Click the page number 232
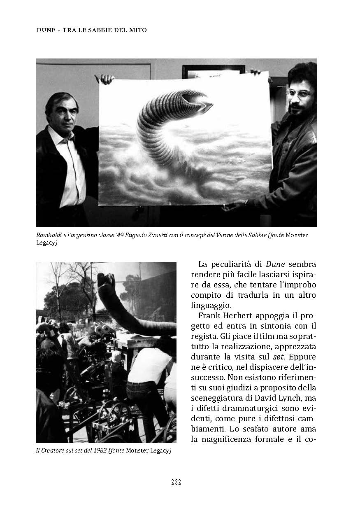176,482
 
